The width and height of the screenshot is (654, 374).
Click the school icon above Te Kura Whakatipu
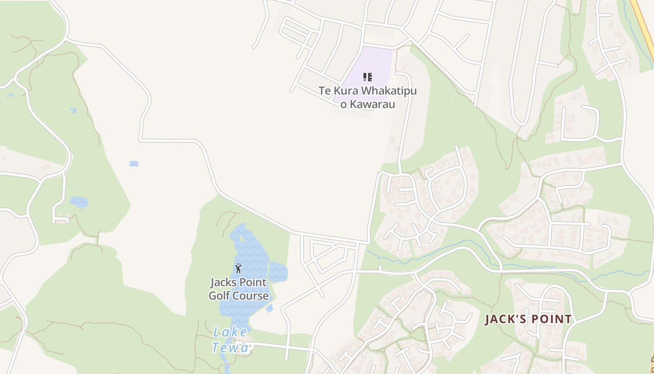click(x=368, y=77)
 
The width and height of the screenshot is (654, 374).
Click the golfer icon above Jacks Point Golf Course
click(x=238, y=268)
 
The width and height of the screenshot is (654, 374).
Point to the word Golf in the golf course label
click(x=220, y=296)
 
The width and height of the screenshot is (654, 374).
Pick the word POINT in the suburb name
click(x=552, y=319)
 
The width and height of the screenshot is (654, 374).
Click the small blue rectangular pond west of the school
click(x=134, y=164)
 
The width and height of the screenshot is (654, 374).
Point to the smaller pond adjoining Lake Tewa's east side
click(x=277, y=272)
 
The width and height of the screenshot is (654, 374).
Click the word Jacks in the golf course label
click(x=225, y=282)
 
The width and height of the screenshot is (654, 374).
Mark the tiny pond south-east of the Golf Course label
click(x=270, y=308)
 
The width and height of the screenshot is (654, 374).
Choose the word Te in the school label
click(x=325, y=91)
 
